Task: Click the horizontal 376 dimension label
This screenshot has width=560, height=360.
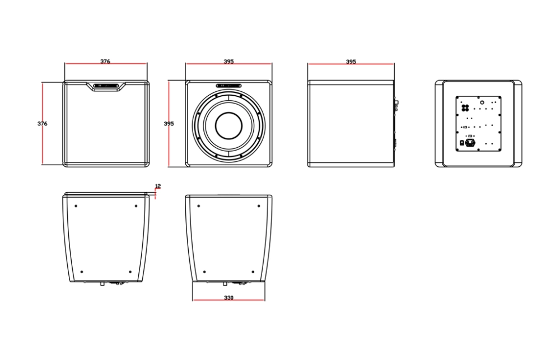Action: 105,62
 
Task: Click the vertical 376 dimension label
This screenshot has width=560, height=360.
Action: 42,124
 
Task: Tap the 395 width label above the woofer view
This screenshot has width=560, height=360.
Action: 228,62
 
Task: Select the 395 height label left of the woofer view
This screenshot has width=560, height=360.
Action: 169,124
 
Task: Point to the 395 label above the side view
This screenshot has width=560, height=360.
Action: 351,62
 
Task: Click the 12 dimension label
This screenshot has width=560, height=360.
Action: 158,186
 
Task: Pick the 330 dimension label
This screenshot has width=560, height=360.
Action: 228,297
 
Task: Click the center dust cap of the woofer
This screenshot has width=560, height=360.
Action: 228,126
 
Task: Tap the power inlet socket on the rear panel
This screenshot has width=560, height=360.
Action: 470,143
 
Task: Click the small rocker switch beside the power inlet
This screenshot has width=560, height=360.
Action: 462,143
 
